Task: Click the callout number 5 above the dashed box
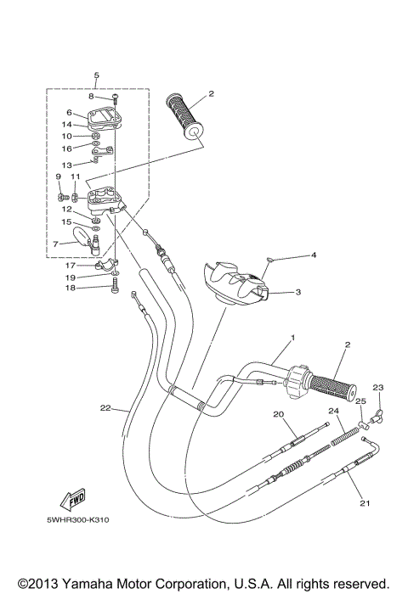tap(96, 76)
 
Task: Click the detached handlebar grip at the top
tap(184, 115)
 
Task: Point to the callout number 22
tap(105, 408)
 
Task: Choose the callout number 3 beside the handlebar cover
tap(298, 292)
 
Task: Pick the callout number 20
tap(277, 413)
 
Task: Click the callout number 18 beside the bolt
tap(71, 289)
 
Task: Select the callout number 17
tap(71, 265)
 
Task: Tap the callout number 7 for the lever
tap(57, 244)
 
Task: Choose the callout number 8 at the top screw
tap(90, 97)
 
